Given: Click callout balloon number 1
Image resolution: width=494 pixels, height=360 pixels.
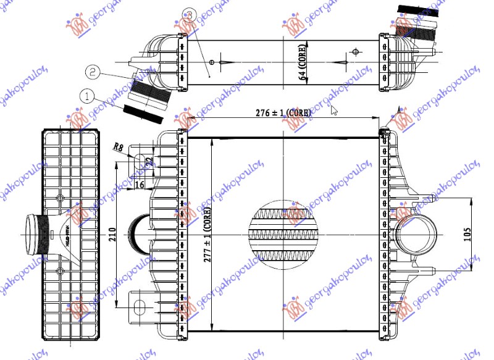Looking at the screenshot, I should (87, 96).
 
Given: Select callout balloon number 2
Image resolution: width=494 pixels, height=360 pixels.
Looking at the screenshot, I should (92, 72).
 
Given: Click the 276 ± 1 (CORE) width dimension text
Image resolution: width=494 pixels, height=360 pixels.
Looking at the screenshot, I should (278, 113).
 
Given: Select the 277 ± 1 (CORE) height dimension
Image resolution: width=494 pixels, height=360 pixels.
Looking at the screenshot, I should (207, 235).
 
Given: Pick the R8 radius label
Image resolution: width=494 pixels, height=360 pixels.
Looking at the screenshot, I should (119, 147).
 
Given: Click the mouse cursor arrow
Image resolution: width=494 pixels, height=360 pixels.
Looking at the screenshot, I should (334, 110).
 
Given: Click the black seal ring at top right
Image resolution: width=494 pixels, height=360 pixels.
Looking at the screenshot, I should (417, 10).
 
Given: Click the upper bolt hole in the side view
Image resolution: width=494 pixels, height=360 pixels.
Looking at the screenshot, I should (60, 198).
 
